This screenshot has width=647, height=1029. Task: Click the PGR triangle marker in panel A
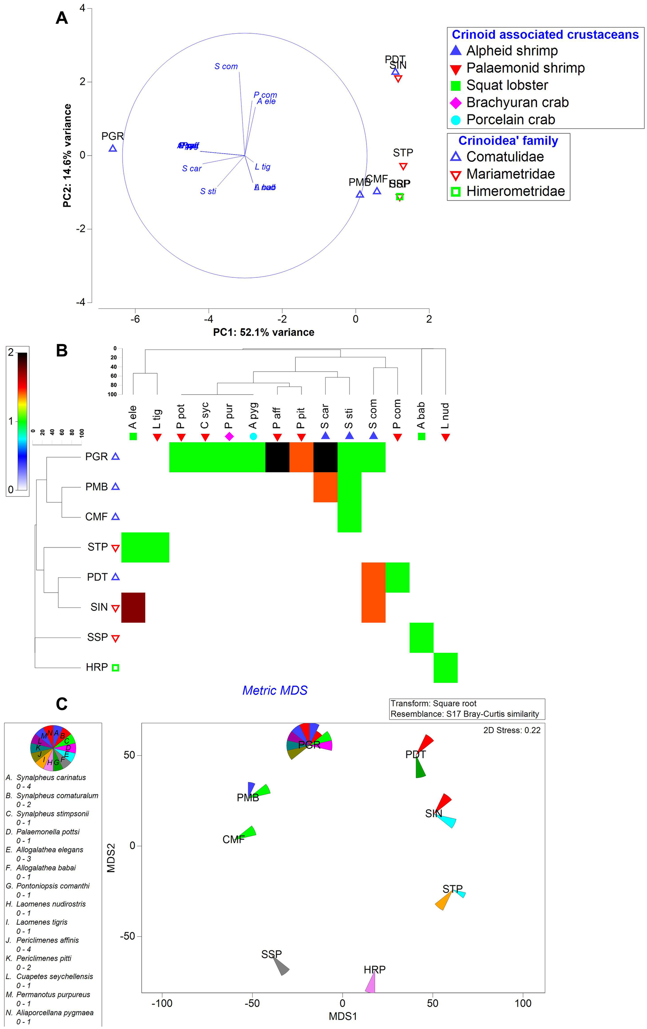(x=113, y=148)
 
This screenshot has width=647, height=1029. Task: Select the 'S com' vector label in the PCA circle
(x=226, y=66)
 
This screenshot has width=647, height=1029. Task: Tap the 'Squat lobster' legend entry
(x=506, y=85)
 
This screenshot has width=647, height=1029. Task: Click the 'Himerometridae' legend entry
(x=515, y=191)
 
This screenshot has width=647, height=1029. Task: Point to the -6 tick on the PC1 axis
(x=135, y=319)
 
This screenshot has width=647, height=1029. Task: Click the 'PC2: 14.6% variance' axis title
(x=67, y=156)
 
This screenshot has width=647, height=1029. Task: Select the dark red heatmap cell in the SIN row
(x=133, y=607)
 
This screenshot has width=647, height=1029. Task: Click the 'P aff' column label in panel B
(x=277, y=417)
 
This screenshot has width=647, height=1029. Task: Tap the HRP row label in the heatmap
(x=97, y=667)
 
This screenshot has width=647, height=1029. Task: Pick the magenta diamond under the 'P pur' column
(x=230, y=436)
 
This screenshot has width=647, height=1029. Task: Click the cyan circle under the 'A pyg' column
(x=253, y=436)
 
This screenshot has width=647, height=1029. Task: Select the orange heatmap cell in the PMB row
(x=325, y=487)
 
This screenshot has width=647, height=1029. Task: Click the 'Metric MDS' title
(x=275, y=690)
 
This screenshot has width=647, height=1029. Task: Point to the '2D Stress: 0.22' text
(x=512, y=730)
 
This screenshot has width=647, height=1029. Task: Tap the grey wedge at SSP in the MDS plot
(x=282, y=967)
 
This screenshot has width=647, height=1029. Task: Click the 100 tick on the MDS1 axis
(x=523, y=1003)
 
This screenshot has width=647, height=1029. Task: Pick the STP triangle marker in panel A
(x=403, y=166)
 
